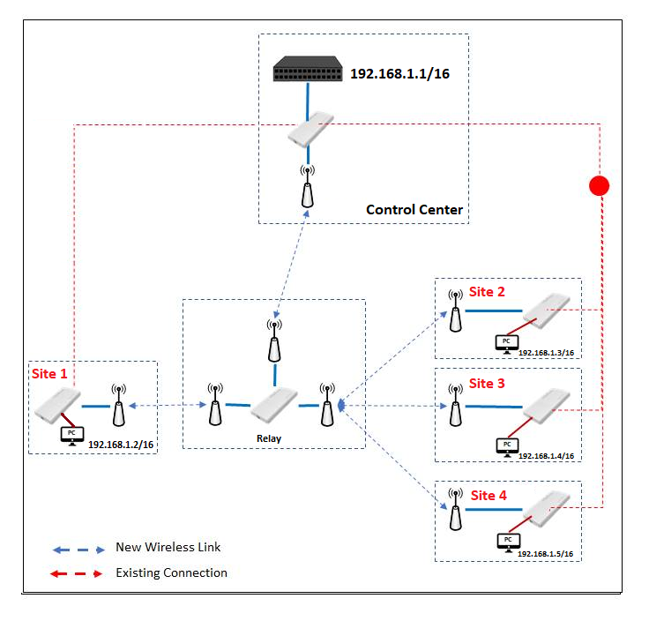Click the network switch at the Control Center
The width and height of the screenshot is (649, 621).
click(306, 69)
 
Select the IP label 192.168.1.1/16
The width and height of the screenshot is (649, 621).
click(399, 74)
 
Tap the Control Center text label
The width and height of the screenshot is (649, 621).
click(414, 210)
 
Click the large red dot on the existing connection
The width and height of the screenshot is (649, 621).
click(599, 186)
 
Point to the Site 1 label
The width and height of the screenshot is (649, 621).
click(49, 374)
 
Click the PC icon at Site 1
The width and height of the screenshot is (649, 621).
click(71, 434)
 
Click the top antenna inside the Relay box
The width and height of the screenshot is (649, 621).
click(275, 340)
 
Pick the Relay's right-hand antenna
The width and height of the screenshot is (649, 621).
click(327, 404)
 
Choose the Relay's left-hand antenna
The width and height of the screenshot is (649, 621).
click(213, 404)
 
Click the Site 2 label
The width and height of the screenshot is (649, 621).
click(487, 292)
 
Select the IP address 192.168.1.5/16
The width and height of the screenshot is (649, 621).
click(546, 553)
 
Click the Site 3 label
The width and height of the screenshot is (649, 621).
click(487, 384)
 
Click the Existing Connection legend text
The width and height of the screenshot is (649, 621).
click(171, 573)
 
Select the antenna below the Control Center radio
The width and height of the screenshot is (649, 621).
click(306, 187)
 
